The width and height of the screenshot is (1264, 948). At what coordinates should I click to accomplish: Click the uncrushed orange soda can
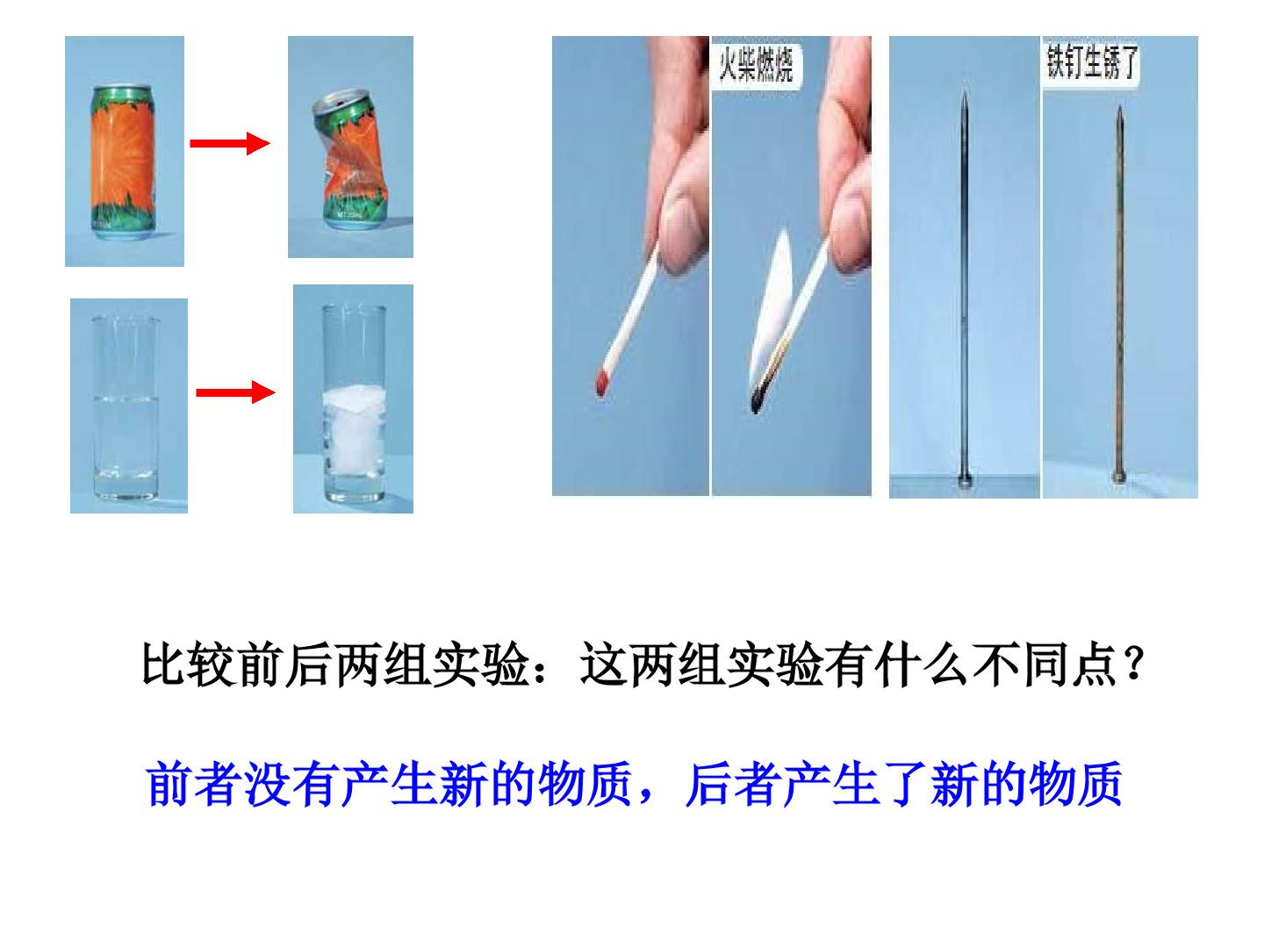[x=123, y=162]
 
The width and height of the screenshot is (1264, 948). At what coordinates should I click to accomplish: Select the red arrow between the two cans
[x=230, y=143]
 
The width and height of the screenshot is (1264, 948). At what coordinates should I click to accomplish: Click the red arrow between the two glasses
[x=235, y=392]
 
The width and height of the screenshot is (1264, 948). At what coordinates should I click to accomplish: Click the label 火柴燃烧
[x=756, y=64]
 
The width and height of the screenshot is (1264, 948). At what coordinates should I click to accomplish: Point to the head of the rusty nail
[x=1118, y=477]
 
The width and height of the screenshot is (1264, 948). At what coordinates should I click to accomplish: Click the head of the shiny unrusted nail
[x=964, y=479]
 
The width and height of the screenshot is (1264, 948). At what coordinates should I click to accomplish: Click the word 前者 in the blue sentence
[x=193, y=783]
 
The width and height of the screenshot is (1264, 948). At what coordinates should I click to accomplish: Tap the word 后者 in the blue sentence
[x=733, y=783]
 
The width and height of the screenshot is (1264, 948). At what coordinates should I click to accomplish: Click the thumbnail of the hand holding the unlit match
[x=630, y=265]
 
